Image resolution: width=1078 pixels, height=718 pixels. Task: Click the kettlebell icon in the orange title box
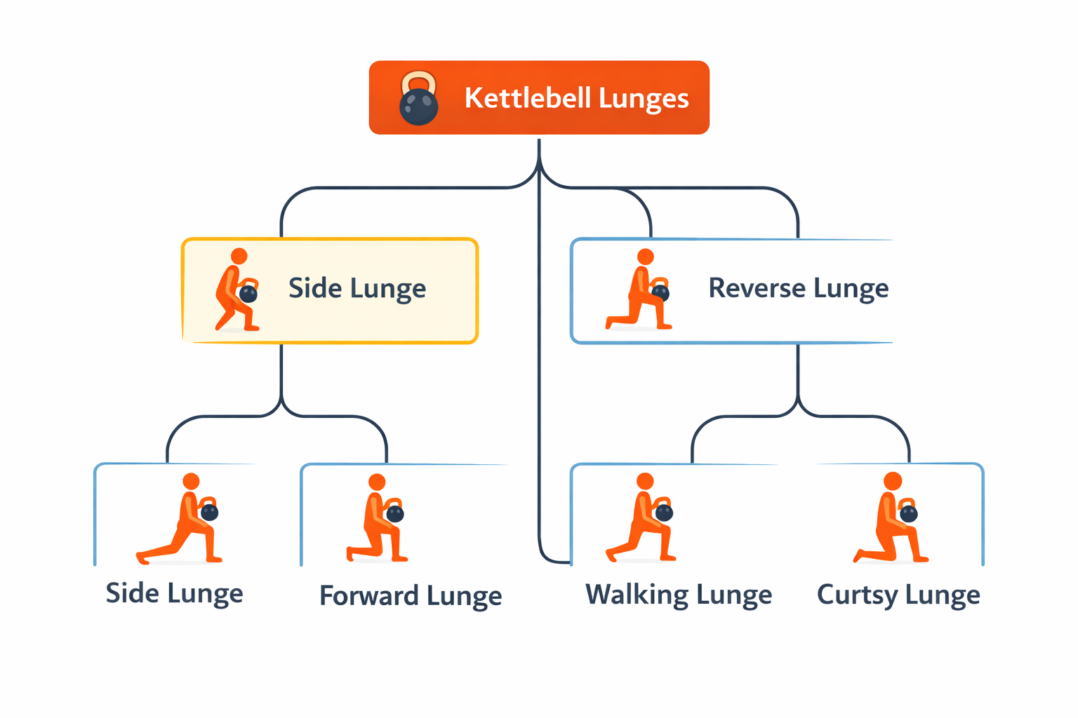tap(418, 99)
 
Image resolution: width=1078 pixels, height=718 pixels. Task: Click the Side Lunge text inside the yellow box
tap(357, 289)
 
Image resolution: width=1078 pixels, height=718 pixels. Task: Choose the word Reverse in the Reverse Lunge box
tap(747, 288)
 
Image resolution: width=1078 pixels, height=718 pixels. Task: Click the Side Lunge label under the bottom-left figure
tap(174, 593)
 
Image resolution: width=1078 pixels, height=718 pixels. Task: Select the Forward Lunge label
tap(411, 596)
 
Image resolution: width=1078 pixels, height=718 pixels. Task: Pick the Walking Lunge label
tap(679, 595)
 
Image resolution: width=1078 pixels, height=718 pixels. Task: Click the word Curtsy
tap(857, 595)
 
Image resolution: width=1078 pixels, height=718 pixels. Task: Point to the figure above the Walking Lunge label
tap(641, 518)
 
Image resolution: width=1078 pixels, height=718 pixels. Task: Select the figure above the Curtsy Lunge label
tap(891, 518)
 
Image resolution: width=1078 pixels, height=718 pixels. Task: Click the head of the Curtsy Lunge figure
tap(893, 481)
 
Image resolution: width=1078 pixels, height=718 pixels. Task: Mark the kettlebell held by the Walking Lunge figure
tap(664, 513)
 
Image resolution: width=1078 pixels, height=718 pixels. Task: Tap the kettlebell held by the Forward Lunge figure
tap(395, 514)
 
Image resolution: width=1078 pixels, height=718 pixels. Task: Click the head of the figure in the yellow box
tap(239, 256)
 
